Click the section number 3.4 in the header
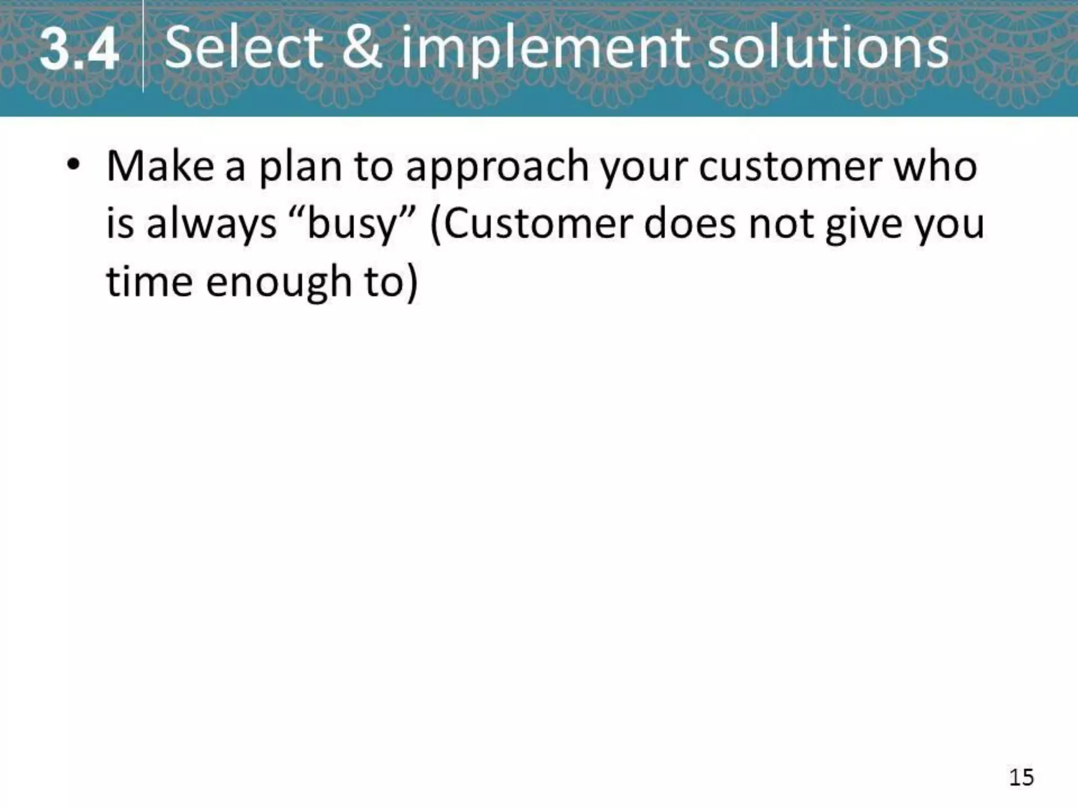click(79, 50)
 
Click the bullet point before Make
click(73, 164)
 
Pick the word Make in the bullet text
click(160, 166)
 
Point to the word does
click(690, 224)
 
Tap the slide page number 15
click(1021, 777)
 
